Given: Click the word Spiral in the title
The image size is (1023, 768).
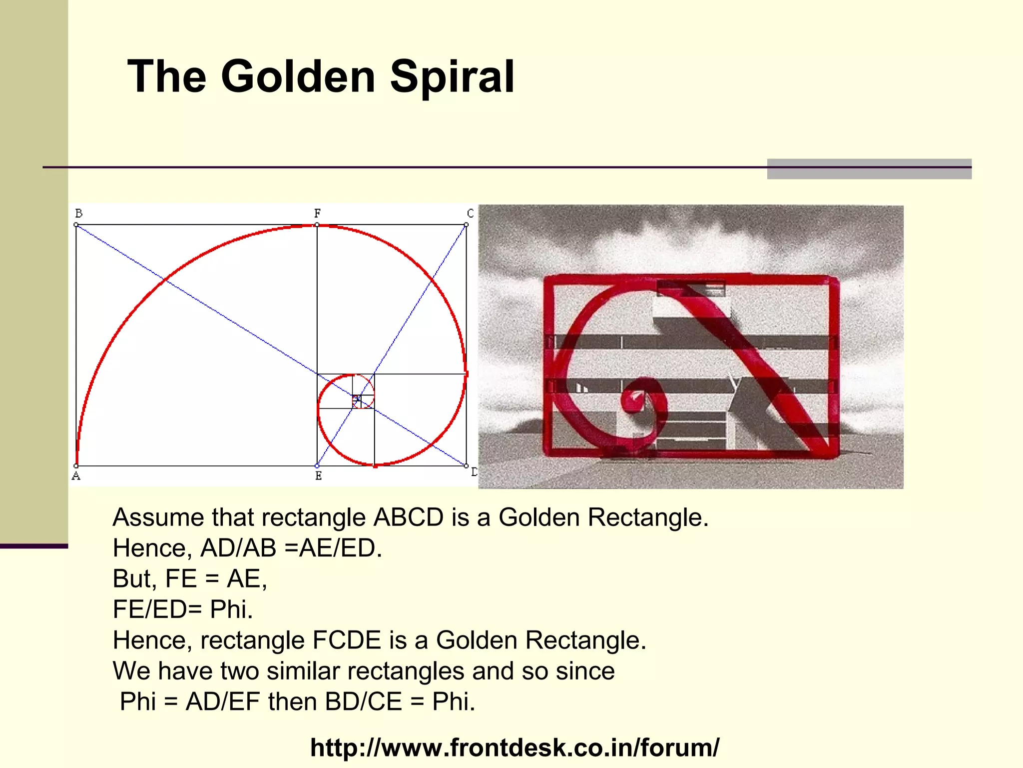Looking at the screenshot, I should (452, 76).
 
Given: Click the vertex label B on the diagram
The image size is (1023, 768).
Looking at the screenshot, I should (78, 213).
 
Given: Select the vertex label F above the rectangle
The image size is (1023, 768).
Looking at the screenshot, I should (317, 213).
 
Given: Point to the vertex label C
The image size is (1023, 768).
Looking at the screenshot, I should (470, 213).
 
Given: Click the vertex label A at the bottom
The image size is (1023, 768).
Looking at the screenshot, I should (76, 475).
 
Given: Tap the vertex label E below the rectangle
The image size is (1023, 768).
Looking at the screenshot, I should (318, 475).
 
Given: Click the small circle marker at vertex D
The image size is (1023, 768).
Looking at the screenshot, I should (466, 466).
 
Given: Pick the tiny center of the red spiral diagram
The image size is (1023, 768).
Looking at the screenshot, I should (357, 398).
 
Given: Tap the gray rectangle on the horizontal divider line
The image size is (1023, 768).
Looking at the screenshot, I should (869, 169).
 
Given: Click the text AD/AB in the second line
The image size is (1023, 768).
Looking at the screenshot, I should (238, 548).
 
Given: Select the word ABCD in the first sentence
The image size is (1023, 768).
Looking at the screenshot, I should (408, 517).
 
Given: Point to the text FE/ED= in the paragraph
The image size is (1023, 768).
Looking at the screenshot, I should (157, 609).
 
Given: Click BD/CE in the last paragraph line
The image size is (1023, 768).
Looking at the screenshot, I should (363, 702).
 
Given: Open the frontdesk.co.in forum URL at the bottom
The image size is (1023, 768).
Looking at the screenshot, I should (514, 748).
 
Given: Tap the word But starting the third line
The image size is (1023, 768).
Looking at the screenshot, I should (131, 579).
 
